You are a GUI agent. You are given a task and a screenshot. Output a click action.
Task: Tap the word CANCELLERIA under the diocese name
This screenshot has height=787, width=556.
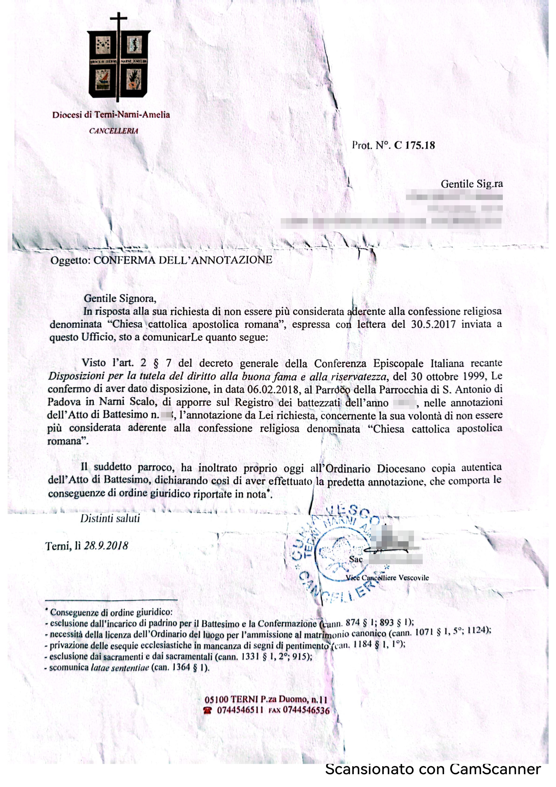[113, 131]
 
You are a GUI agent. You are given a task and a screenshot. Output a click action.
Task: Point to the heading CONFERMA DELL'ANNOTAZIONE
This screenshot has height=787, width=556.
[183, 260]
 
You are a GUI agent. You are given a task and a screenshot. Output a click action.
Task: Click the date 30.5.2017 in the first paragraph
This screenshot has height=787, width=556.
[433, 324]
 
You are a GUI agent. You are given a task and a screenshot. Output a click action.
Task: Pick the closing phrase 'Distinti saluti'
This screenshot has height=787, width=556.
[110, 518]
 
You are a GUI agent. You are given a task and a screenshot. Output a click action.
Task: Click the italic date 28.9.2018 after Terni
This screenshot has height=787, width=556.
[106, 546]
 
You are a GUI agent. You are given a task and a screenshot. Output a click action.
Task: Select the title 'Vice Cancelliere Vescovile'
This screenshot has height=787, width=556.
[387, 578]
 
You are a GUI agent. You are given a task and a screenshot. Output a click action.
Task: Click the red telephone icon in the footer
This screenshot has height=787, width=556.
[207, 710]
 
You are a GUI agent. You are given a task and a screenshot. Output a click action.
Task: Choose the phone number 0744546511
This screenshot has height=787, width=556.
[240, 710]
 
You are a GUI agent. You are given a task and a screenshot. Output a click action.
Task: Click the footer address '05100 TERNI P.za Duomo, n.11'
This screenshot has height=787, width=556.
[266, 699]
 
